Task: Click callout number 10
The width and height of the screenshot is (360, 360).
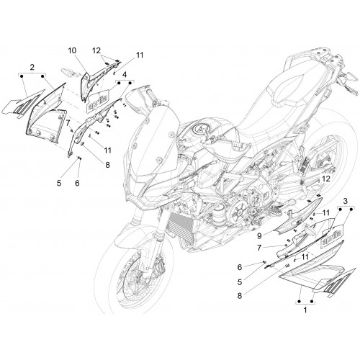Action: coord(72,50)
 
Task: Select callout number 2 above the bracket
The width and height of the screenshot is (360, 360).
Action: coord(32,67)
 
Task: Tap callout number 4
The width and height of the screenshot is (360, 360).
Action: coord(125,75)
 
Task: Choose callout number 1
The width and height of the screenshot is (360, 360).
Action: coord(305,310)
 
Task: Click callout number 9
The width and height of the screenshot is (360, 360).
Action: coord(259,236)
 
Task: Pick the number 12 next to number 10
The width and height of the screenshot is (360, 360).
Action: coord(96,50)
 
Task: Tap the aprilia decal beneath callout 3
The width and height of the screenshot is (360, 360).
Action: coord(331,237)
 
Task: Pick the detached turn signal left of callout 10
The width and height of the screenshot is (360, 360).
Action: coord(69,72)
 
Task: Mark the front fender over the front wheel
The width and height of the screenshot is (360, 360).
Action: coord(135,235)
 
